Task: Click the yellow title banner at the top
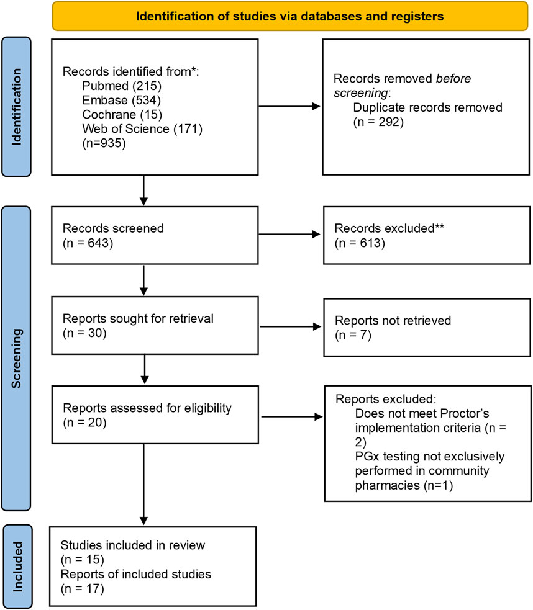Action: click(290, 16)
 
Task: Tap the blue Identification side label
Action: click(16, 107)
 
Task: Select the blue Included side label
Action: click(17, 567)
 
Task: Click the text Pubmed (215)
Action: click(122, 86)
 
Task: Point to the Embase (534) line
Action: click(122, 100)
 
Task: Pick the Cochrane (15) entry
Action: click(122, 114)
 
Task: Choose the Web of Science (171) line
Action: click(142, 129)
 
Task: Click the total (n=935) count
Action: click(104, 143)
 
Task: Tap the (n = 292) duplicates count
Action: click(378, 122)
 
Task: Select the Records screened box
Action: click(155, 235)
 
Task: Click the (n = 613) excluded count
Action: click(360, 243)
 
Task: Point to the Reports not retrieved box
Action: click(427, 327)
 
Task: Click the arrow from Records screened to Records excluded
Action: click(289, 234)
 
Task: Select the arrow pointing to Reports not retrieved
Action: click(291, 327)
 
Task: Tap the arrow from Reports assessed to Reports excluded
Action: click(292, 416)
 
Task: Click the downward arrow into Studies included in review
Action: click(143, 484)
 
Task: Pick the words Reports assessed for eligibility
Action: click(147, 408)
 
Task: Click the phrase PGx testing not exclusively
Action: click(430, 456)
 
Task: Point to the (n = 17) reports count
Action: click(83, 589)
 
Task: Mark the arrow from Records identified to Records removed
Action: click(289, 106)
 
